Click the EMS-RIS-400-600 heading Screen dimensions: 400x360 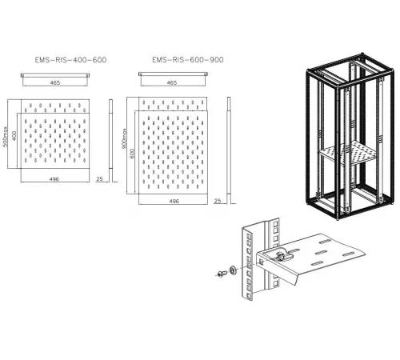70,60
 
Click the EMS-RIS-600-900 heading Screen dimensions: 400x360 188,60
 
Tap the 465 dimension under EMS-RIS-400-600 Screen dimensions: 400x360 55,82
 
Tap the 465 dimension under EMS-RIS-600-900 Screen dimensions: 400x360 172,82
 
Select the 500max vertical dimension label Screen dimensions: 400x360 6,136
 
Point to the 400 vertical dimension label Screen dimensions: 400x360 14,136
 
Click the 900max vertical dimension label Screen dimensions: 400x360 124,138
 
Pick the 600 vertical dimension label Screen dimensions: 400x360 133,154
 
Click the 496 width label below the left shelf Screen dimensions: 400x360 54,179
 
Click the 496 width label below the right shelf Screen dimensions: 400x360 174,201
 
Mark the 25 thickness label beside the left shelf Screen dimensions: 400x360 99,179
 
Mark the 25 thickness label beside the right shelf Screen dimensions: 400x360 218,201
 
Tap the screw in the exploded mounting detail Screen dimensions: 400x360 222,274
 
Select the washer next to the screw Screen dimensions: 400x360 233,270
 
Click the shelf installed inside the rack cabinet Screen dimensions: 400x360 346,154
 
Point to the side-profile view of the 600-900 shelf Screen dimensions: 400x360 229,150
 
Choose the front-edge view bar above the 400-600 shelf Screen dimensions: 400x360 55,75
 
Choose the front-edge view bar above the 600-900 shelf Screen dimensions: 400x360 173,74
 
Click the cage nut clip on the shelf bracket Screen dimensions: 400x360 282,254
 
